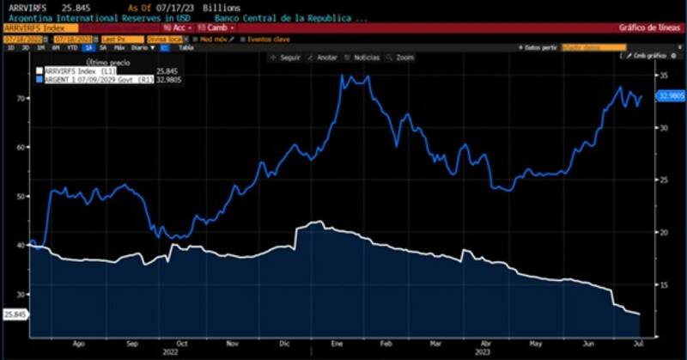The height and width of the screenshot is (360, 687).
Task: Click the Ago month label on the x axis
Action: coord(79,341)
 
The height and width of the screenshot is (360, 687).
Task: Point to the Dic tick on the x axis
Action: coord(285,341)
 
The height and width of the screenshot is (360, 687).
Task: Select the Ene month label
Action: coord(337,341)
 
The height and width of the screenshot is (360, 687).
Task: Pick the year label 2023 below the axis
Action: coord(483,351)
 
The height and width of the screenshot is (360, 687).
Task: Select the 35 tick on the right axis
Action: coord(662,76)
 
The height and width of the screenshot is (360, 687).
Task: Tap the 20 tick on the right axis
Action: coord(662,233)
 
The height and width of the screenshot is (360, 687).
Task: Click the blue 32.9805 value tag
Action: coord(670,96)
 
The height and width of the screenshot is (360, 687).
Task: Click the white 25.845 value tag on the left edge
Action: coord(15,315)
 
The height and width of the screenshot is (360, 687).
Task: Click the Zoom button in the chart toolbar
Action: coord(401,58)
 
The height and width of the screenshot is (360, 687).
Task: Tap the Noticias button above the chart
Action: coord(365,58)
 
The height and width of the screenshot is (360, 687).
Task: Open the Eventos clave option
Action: coord(270,39)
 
